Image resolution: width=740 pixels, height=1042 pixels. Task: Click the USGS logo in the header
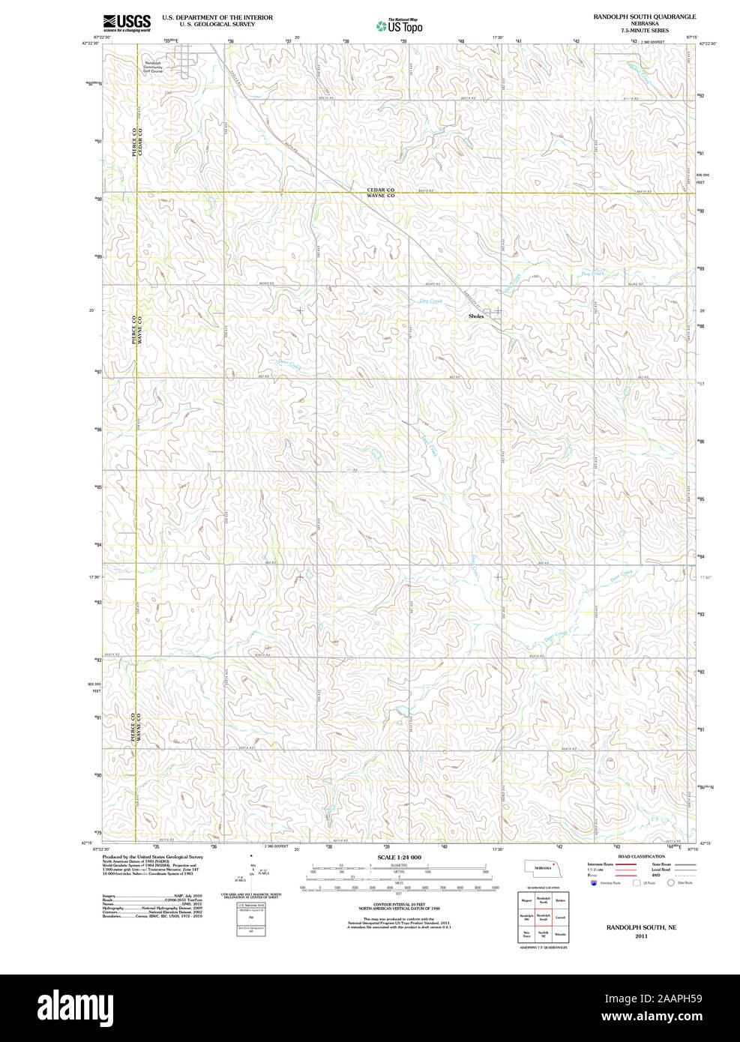click(x=127, y=22)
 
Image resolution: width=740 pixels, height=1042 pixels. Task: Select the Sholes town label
click(x=476, y=316)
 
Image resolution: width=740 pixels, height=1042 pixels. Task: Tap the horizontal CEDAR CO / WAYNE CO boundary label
click(x=380, y=193)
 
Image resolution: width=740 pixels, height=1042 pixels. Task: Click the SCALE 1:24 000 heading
click(x=399, y=858)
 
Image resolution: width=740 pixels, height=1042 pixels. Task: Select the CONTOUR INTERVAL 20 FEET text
click(x=399, y=905)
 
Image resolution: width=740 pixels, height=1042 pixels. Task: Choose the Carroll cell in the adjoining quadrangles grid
click(x=560, y=918)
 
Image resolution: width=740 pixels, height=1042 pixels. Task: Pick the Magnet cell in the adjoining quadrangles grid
click(x=526, y=900)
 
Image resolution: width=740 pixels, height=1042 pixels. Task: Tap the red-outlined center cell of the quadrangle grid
click(x=544, y=918)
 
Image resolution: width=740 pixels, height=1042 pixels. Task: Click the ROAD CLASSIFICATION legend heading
click(x=641, y=856)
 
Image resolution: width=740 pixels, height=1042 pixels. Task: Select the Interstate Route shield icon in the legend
click(x=593, y=883)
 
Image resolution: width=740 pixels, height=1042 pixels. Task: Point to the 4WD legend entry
click(x=656, y=875)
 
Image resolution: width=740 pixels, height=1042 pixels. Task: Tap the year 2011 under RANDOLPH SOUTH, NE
click(x=641, y=936)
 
